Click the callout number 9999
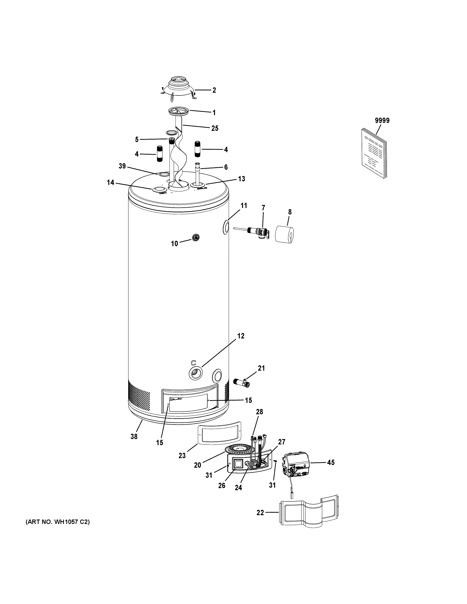(382, 120)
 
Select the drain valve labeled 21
(241, 382)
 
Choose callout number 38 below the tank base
(134, 436)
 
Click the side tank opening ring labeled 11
(226, 227)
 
